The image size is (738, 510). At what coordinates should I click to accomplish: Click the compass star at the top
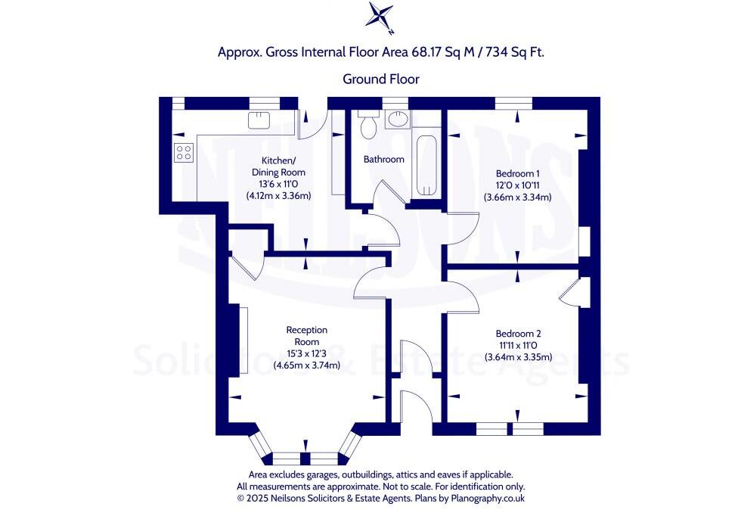[x=380, y=17]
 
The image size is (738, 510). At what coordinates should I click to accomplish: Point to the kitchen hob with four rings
[x=184, y=153]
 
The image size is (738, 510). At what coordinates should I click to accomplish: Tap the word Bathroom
[x=383, y=160]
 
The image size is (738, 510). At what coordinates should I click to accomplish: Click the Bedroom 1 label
[x=517, y=173]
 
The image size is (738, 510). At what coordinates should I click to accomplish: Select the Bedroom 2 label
[x=518, y=334]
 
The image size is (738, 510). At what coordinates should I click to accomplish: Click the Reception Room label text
[x=306, y=335]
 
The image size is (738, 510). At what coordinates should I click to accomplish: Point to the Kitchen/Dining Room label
[x=278, y=166]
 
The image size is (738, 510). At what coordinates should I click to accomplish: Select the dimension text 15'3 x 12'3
[x=306, y=353]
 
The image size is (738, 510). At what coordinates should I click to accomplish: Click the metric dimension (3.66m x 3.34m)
[x=517, y=197]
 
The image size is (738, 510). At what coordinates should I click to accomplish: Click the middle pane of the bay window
[x=305, y=458]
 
